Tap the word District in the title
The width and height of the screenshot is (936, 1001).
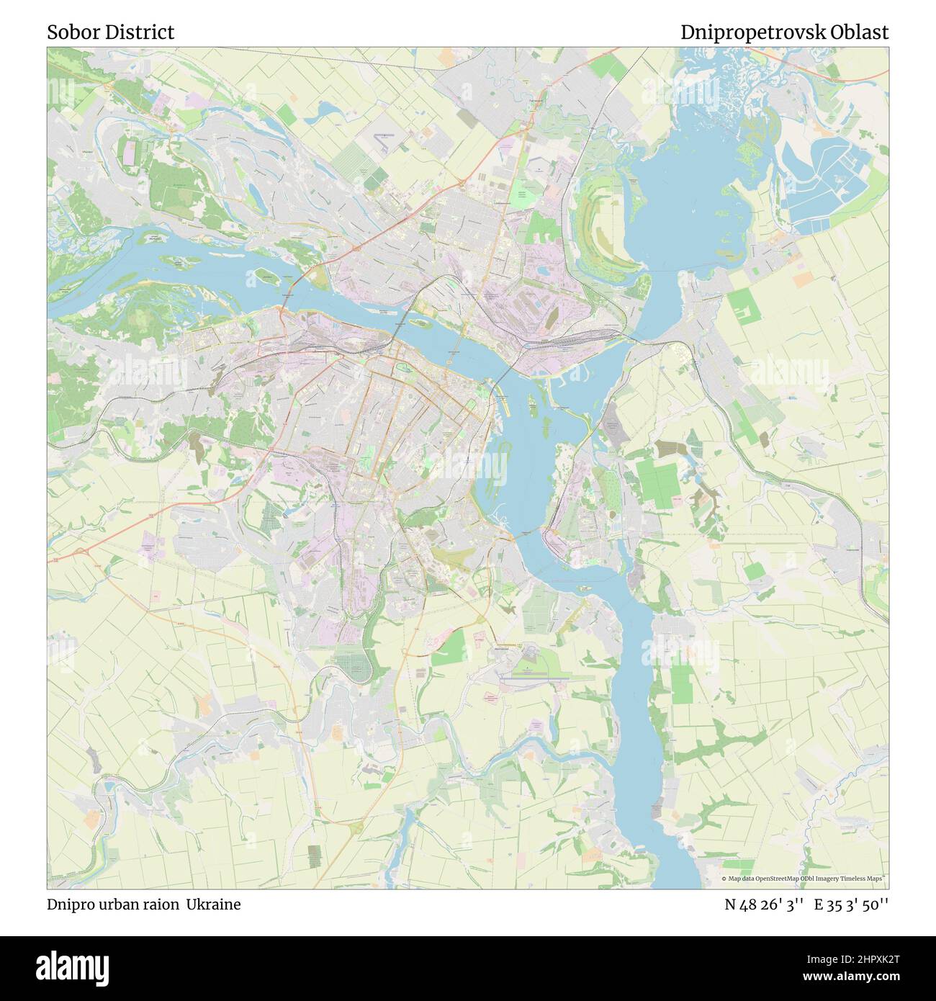coord(138,32)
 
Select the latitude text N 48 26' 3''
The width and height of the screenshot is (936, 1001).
coord(764,905)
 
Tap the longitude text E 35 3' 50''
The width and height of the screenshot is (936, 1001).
coord(851,905)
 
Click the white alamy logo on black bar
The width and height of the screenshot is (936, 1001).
coord(73,967)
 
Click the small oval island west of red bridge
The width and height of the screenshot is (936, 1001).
coord(264,276)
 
